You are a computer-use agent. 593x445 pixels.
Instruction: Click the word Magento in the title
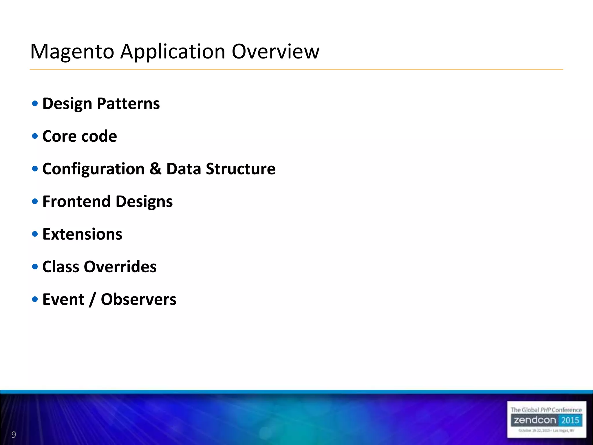tap(72, 52)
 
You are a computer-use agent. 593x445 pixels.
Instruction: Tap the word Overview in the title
tap(275, 52)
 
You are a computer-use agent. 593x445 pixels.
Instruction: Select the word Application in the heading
tap(173, 52)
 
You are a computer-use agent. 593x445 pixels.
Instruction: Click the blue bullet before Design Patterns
tap(35, 103)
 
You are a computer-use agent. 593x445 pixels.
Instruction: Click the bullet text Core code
tap(80, 136)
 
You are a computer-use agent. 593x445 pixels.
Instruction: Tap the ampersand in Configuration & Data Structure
tap(155, 169)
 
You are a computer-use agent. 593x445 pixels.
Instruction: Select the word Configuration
tap(93, 169)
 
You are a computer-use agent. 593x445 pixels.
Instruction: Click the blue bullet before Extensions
tap(35, 234)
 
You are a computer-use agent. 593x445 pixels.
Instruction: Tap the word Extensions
tap(82, 234)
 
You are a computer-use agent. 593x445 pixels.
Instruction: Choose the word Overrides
tap(120, 267)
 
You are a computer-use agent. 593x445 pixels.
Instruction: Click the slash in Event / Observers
tap(92, 300)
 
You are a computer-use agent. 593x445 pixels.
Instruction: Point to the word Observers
tap(138, 299)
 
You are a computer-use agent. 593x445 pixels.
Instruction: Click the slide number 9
tap(13, 435)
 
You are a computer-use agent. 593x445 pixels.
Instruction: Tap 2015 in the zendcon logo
tap(570, 420)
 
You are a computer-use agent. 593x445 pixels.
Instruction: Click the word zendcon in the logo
tap(535, 420)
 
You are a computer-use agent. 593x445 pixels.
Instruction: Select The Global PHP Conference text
tap(546, 410)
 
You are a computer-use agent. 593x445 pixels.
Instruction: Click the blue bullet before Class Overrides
tap(35, 267)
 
